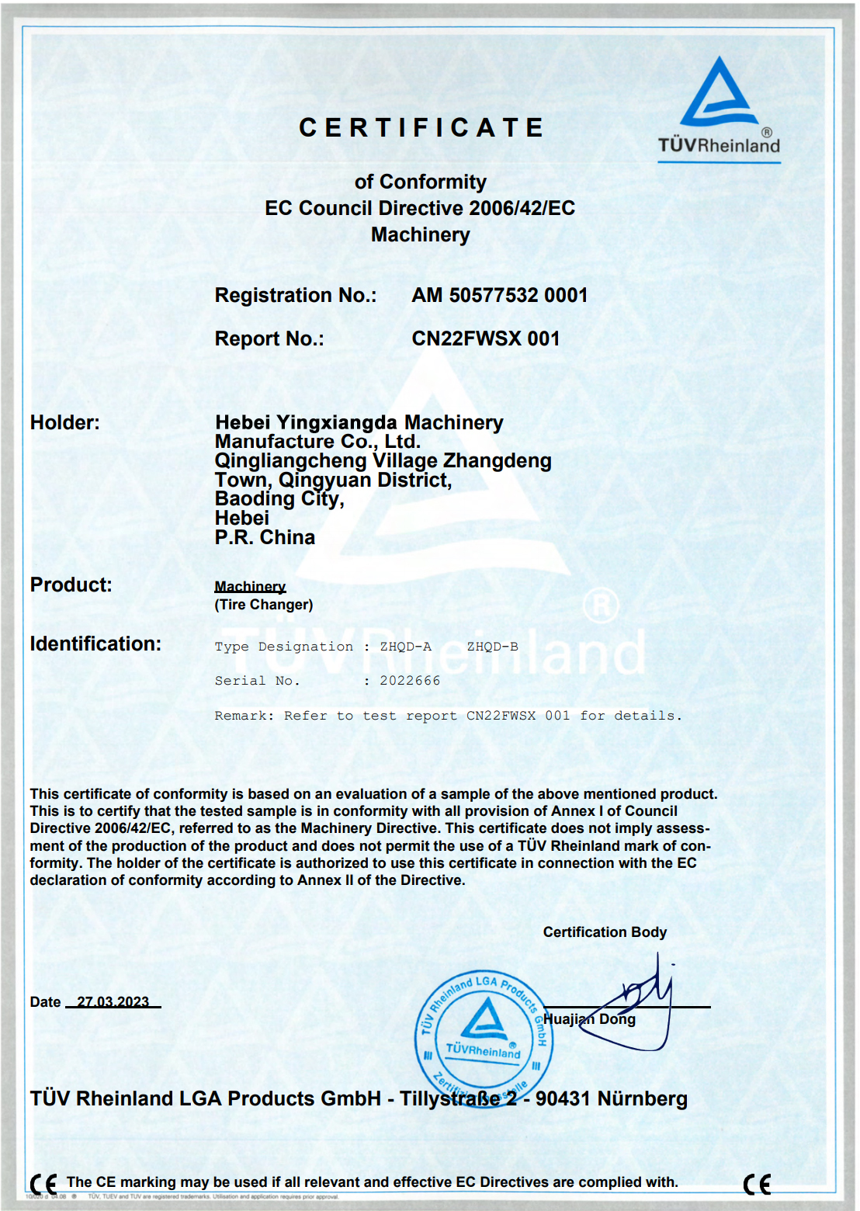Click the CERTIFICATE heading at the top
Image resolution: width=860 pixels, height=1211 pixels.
point(421,127)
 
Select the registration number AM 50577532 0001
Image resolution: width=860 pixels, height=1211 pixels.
point(499,295)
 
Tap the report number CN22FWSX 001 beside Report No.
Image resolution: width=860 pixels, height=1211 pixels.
point(485,338)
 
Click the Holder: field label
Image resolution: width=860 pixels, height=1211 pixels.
point(64,422)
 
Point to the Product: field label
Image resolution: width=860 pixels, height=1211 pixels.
point(71,585)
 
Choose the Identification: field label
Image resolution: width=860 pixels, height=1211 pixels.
point(95,644)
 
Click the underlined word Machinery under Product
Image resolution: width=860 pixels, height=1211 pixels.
point(250,587)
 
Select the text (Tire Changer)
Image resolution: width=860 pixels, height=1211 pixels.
point(264,605)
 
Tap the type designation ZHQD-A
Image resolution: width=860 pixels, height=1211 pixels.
point(405,647)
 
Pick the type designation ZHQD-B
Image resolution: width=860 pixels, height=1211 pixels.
point(492,647)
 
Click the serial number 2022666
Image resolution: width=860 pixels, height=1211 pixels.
point(410,681)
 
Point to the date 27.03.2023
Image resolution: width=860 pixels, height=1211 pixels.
point(113,1001)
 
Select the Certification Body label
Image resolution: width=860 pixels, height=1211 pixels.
point(605,932)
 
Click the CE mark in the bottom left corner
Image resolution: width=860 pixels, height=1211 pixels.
point(43,1184)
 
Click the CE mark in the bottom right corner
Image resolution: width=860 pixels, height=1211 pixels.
point(757,1184)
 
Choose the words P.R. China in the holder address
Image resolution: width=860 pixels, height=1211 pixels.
point(265,537)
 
